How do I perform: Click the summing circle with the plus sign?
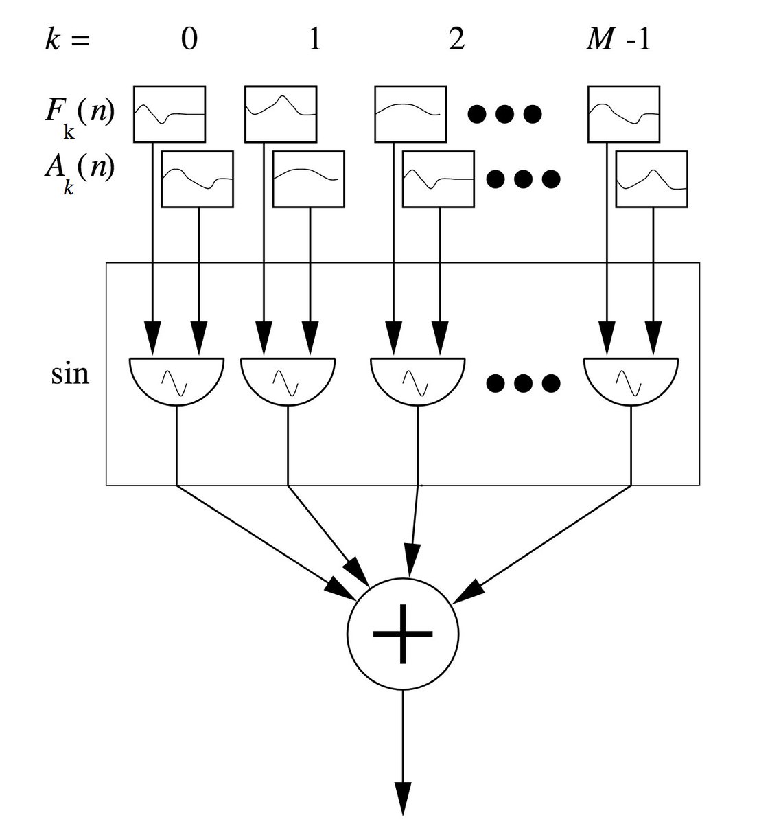(402, 634)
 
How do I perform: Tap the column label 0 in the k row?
(189, 40)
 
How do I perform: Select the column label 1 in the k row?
(315, 40)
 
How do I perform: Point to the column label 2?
(457, 40)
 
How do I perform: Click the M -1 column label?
(618, 40)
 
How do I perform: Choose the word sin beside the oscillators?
(70, 374)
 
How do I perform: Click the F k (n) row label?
(80, 117)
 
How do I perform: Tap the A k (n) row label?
(79, 174)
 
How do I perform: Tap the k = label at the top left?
(67, 41)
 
